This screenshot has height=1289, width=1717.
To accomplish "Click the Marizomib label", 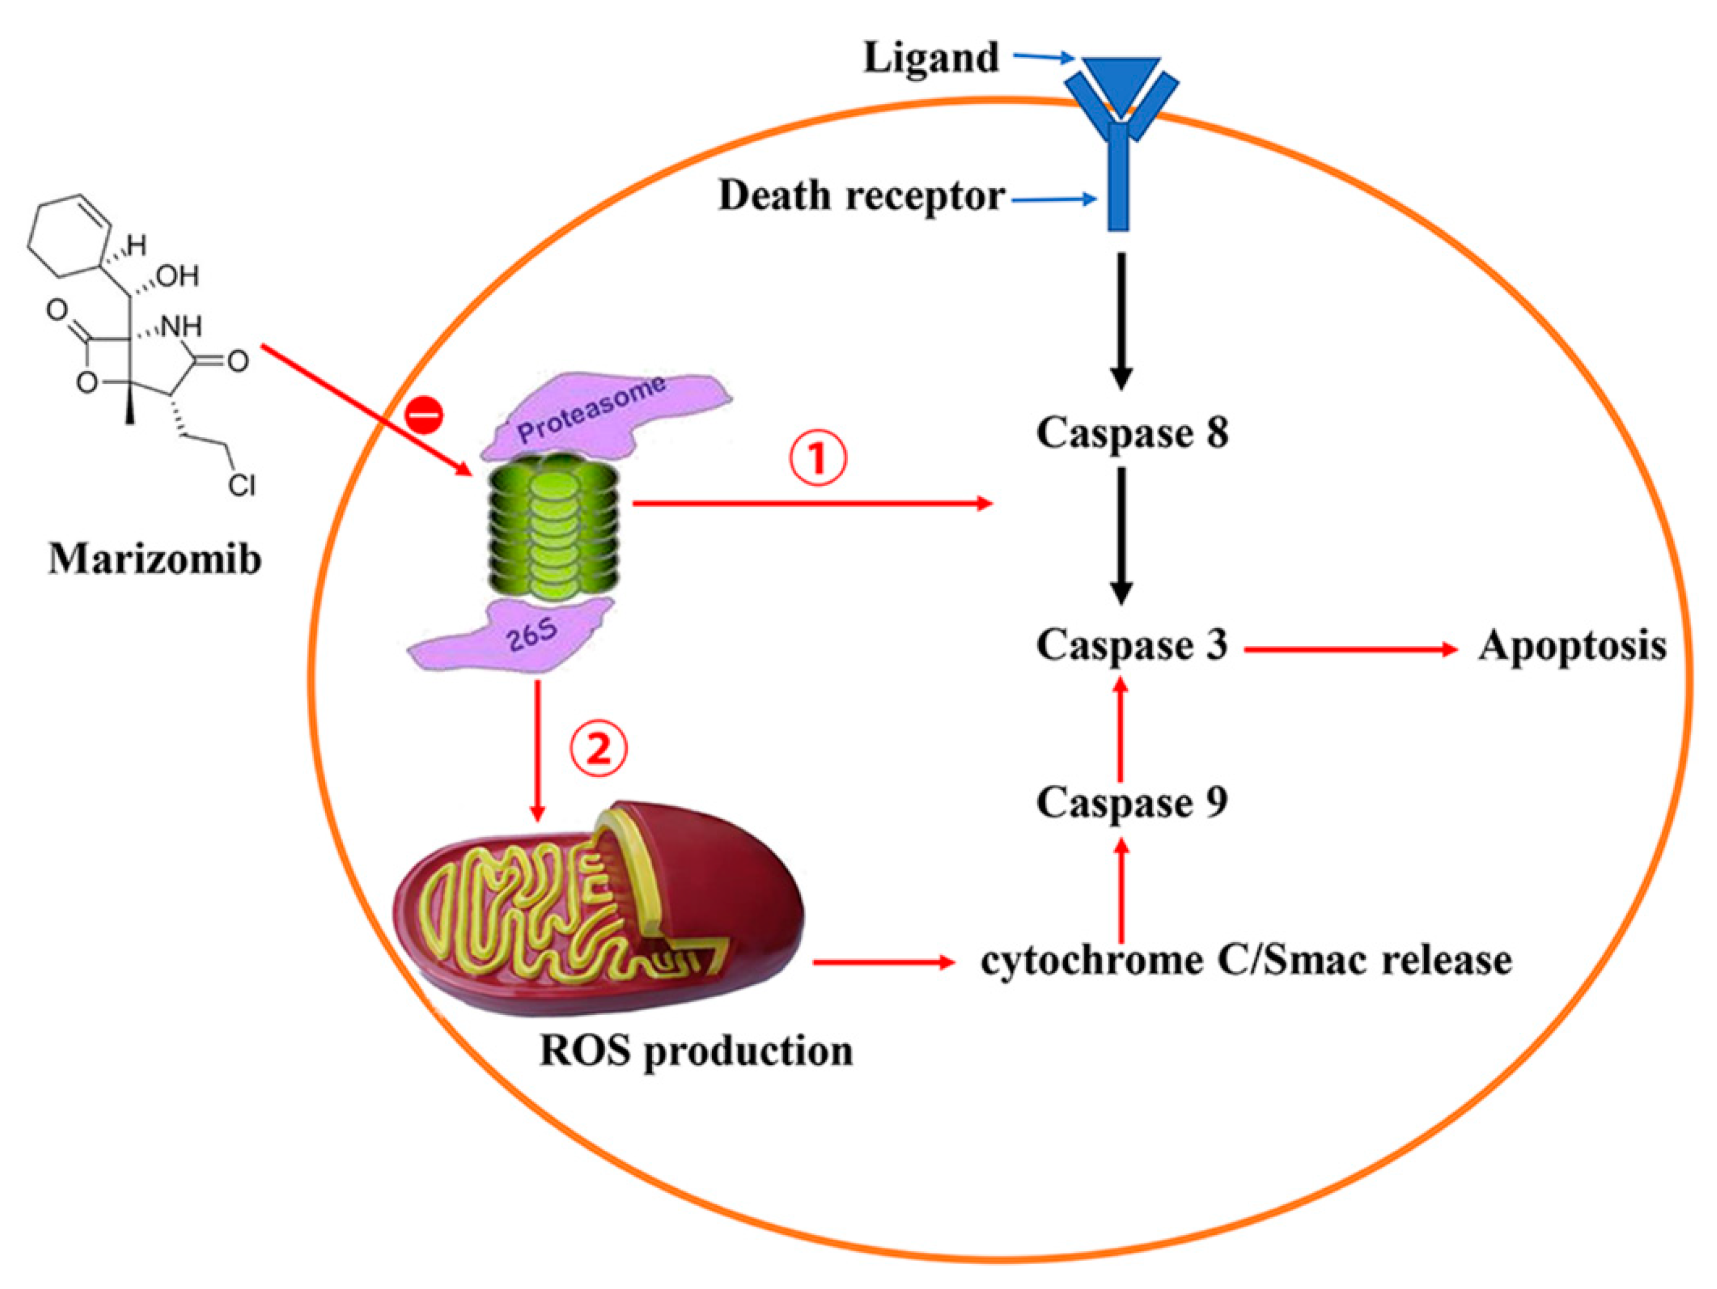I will pos(154,559).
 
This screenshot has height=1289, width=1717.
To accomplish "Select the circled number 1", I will pos(818,459).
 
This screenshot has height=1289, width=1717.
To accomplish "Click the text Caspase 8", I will pos(1132,433).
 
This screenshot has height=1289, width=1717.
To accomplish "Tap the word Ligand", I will pos(931,59).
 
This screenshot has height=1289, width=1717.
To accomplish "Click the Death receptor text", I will pos(861,196).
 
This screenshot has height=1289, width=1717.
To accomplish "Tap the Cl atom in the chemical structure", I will pos(241,486).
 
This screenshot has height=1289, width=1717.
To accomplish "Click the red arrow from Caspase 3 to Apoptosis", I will pos(1350,650).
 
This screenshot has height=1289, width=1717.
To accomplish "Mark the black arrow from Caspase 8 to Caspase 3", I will pos(1120,536).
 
